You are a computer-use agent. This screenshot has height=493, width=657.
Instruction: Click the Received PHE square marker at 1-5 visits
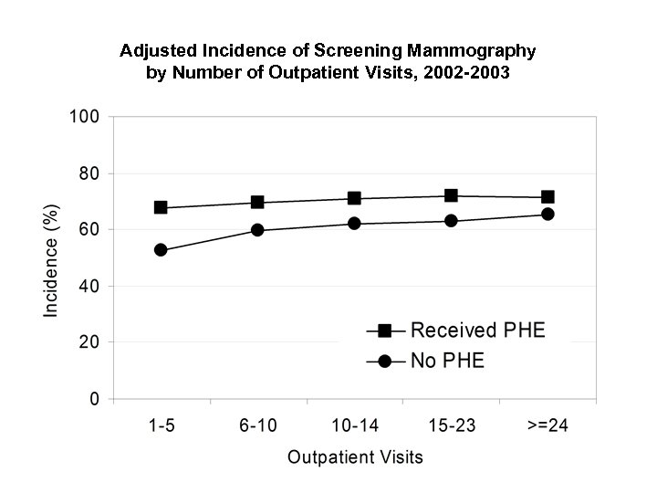pos(161,207)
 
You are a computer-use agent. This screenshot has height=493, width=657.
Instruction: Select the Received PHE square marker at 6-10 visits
pos(257,202)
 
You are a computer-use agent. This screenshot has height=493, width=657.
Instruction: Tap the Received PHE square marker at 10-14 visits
pos(354,198)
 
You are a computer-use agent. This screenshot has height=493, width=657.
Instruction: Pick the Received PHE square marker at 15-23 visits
pos(451,195)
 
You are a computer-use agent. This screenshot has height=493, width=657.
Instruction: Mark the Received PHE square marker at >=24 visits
pos(547,197)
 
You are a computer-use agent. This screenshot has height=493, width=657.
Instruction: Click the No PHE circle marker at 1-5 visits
pos(161,250)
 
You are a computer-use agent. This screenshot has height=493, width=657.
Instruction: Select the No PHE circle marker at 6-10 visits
pos(257,230)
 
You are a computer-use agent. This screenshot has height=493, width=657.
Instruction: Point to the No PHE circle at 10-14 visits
pos(354,224)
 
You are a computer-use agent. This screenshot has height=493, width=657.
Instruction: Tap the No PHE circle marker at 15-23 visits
pos(451,221)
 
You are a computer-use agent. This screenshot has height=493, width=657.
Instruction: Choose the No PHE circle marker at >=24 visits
pos(547,214)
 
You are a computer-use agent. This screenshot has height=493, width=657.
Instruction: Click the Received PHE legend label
pos(477,330)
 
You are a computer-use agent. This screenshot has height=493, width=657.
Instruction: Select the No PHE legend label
pos(447,362)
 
